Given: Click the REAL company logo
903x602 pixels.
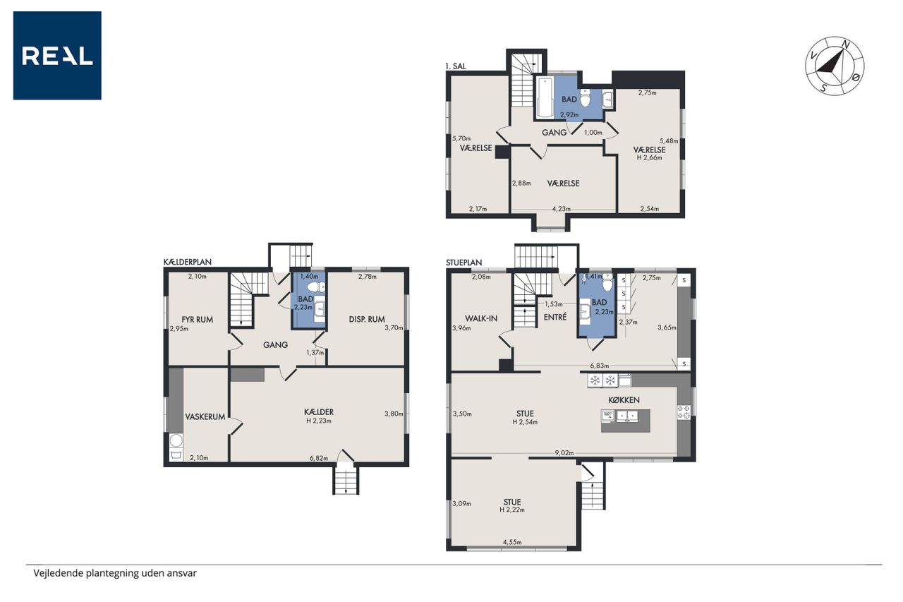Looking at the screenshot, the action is [57, 55].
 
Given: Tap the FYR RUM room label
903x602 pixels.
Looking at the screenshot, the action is [197, 320].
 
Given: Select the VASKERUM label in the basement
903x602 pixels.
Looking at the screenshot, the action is [205, 416].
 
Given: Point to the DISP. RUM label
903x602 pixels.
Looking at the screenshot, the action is [367, 319].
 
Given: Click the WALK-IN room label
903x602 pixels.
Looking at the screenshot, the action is [481, 318].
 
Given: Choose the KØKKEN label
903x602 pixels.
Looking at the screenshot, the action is [624, 400].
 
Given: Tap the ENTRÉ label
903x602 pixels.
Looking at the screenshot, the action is [555, 317].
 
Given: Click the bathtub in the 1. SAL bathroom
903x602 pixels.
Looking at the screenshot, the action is [544, 97].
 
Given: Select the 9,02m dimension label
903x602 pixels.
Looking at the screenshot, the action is [564, 453].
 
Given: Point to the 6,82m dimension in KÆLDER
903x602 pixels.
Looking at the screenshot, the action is [318, 458].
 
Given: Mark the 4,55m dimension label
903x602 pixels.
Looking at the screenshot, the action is [512, 542].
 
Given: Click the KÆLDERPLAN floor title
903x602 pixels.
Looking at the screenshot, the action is [188, 262].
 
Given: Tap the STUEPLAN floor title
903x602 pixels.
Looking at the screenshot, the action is [464, 263].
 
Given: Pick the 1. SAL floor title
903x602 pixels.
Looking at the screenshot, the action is [456, 66].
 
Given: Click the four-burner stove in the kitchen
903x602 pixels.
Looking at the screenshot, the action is [684, 412].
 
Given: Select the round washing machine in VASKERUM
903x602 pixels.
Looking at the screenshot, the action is [176, 440].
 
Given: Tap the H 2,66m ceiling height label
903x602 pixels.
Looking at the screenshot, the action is [650, 157].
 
